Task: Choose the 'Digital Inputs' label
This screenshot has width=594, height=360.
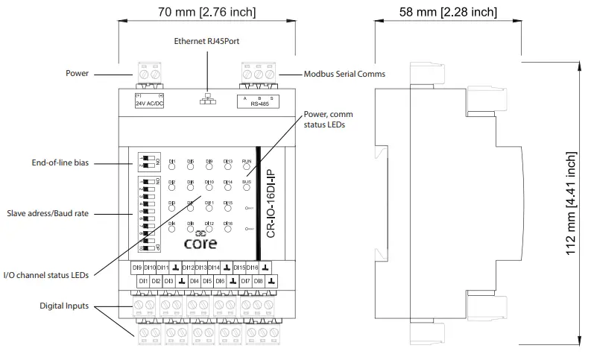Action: [x=65, y=306]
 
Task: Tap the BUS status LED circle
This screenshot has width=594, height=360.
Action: [x=247, y=189]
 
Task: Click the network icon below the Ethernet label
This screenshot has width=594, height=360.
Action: [x=207, y=99]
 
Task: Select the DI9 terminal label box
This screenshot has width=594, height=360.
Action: [x=137, y=267]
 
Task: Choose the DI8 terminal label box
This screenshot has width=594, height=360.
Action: [x=258, y=281]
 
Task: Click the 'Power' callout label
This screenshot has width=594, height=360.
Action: [x=77, y=74]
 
